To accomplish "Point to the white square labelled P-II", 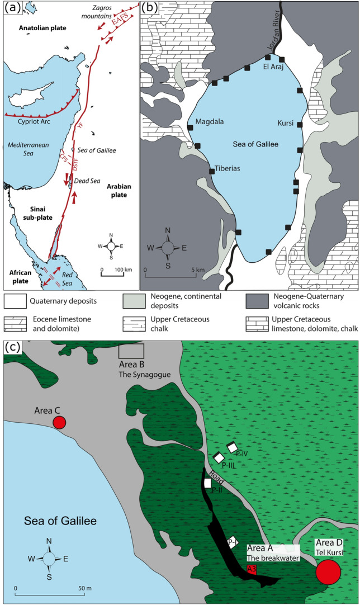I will (207, 483).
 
